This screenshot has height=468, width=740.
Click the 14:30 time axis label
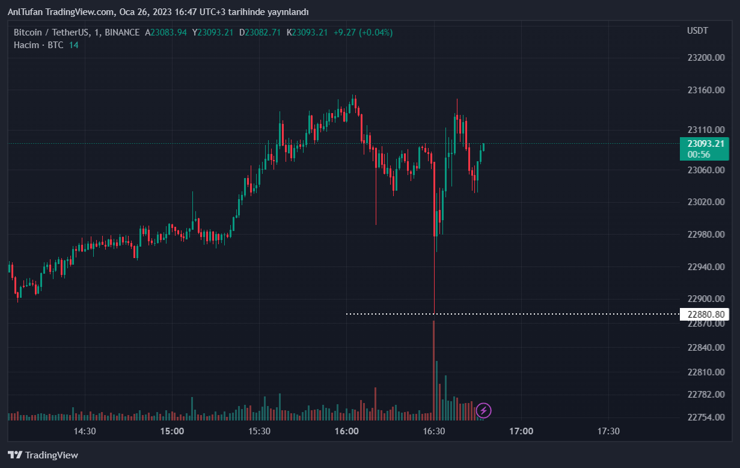tap(85, 431)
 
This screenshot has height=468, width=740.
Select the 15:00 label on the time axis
tap(172, 431)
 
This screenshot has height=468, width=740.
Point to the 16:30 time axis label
tap(434, 431)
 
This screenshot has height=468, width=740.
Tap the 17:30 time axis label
tap(608, 431)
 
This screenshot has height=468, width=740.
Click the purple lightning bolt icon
tap(484, 411)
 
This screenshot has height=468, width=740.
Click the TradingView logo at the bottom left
tap(43, 455)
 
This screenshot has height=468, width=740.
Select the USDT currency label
tap(697, 31)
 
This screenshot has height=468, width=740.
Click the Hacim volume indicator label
tap(26, 45)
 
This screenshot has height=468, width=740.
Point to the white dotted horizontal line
tap(511, 314)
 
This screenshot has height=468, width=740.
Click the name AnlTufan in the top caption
tap(25, 12)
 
